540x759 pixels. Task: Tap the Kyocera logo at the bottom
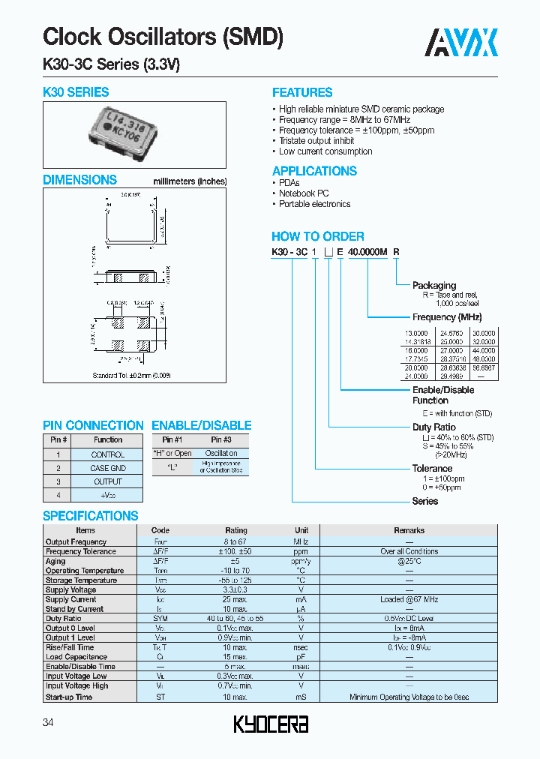click(270, 724)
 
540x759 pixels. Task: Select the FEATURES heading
click(301, 93)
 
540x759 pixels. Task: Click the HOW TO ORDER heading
click(317, 236)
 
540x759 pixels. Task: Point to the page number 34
click(49, 722)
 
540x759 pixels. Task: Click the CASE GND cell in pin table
click(108, 468)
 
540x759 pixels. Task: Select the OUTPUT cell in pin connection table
click(108, 481)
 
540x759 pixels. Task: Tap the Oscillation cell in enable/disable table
click(221, 454)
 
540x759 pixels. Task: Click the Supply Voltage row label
click(70, 590)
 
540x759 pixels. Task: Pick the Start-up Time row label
click(69, 697)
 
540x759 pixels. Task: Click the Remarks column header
click(409, 530)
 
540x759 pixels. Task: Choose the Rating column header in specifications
click(236, 530)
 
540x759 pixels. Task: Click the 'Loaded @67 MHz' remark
click(409, 599)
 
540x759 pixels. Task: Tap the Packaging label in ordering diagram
click(433, 285)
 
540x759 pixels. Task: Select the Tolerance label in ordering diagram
click(432, 468)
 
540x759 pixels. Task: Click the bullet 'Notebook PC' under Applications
click(304, 193)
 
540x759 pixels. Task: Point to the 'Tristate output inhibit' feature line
click(316, 141)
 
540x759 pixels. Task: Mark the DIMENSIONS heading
click(79, 180)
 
